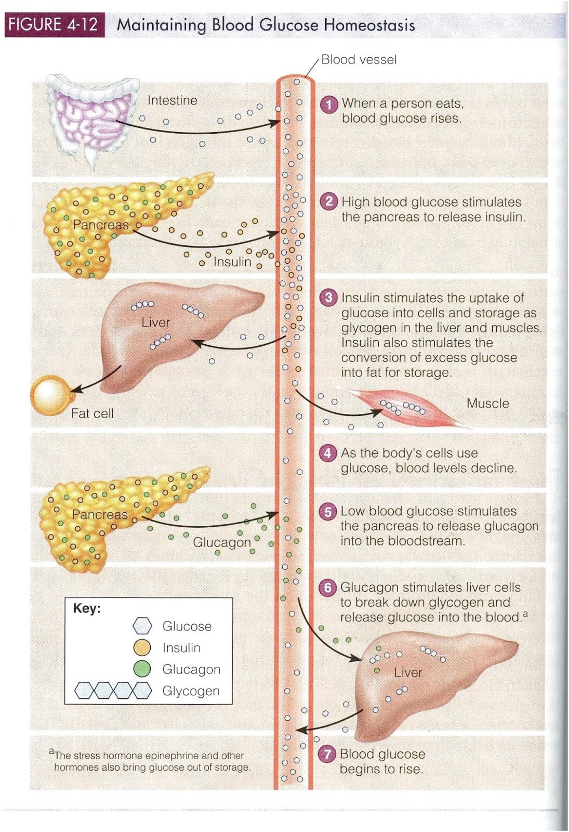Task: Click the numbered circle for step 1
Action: tap(328, 104)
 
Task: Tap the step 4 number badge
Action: tap(327, 453)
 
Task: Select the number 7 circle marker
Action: tap(327, 755)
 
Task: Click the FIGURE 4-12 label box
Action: tap(54, 24)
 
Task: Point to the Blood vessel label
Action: tap(359, 60)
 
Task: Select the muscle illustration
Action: tap(405, 408)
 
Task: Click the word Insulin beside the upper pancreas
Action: tap(232, 262)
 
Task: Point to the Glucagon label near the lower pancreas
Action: tap(222, 542)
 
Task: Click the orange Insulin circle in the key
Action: tap(142, 647)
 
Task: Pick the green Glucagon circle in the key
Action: tap(142, 669)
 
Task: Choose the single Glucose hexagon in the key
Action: tap(142, 626)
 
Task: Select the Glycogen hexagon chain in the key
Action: tap(113, 691)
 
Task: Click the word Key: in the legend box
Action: tap(87, 608)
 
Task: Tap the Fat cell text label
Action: tap(92, 413)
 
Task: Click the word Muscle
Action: tap(487, 404)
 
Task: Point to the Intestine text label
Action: tap(172, 100)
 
